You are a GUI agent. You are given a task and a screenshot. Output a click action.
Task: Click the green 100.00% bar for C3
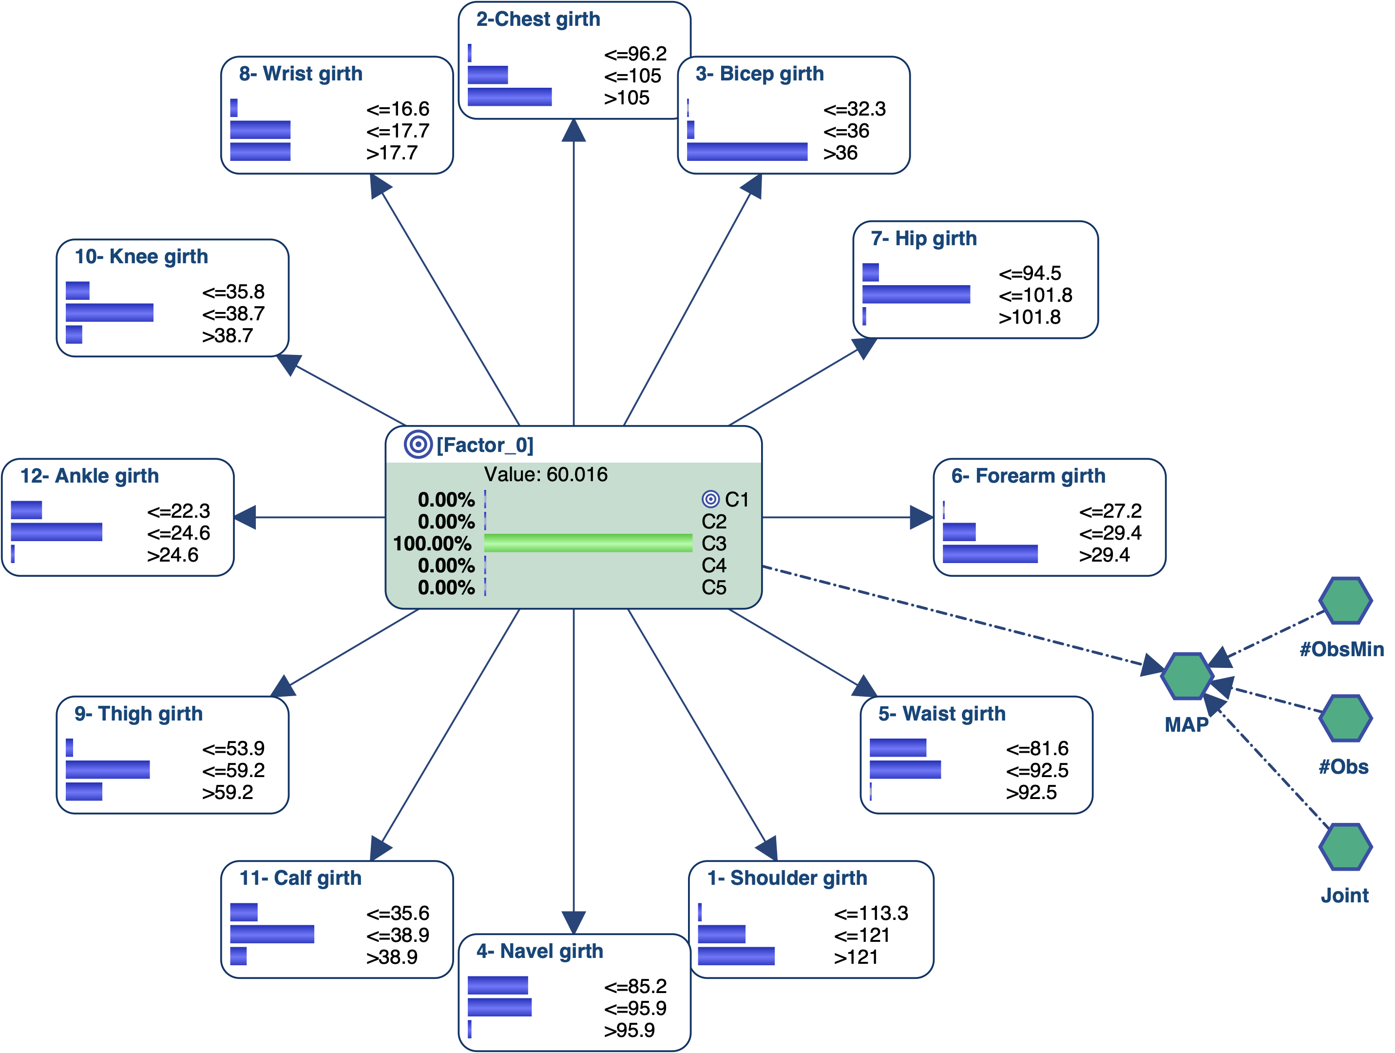[588, 543]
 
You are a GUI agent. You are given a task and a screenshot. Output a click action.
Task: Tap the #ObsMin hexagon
[1345, 601]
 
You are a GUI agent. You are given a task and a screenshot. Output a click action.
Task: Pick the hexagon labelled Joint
[1345, 847]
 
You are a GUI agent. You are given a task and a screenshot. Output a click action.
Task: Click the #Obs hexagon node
[1345, 719]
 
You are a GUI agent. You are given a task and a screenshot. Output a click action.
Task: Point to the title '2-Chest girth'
[538, 19]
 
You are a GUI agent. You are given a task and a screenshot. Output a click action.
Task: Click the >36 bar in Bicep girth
[747, 152]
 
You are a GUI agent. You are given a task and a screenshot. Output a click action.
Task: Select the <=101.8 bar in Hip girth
[916, 294]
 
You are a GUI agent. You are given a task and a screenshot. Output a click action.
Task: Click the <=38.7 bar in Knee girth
[109, 313]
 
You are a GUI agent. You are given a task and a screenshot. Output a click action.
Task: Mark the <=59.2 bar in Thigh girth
[108, 770]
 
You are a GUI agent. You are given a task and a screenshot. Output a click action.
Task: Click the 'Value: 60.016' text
[546, 474]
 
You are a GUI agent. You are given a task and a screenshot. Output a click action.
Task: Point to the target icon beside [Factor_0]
[418, 445]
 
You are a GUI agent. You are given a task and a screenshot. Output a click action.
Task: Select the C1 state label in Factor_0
[736, 500]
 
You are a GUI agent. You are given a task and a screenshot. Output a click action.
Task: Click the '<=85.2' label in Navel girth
[635, 986]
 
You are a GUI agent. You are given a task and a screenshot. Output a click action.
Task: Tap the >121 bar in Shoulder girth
[736, 956]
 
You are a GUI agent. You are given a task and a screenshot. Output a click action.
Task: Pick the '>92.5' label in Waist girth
[1031, 793]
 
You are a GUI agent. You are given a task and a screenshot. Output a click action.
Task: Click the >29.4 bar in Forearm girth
[990, 555]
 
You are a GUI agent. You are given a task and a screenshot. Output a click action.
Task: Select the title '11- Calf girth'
[300, 878]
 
